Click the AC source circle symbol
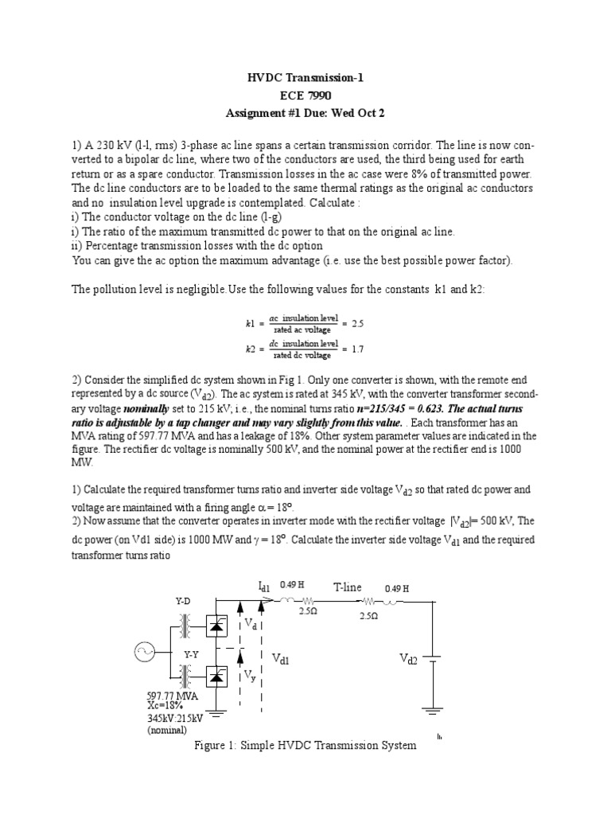click(145, 653)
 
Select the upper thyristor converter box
click(216, 626)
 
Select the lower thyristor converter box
click(216, 677)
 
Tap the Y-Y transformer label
click(192, 653)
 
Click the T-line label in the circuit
click(348, 587)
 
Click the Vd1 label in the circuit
click(282, 659)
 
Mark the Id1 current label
click(265, 587)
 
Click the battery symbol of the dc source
click(433, 660)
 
